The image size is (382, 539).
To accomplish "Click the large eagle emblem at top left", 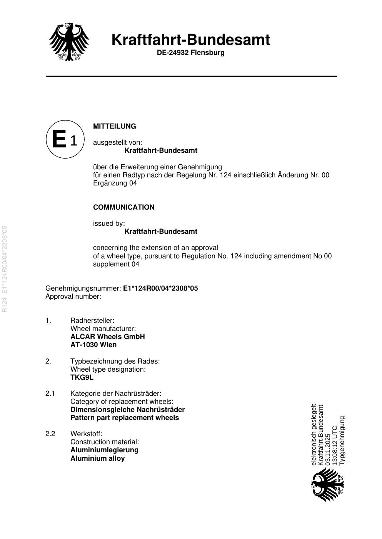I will pyautogui.click(x=69, y=41).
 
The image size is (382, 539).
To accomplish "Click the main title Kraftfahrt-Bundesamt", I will pyautogui.click(x=190, y=40).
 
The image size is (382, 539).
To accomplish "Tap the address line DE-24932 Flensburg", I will pyautogui.click(x=190, y=53).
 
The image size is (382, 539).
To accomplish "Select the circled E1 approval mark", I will pyautogui.click(x=65, y=139).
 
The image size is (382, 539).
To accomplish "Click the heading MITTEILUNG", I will pyautogui.click(x=115, y=126).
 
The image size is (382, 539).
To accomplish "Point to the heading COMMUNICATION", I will pyautogui.click(x=123, y=207).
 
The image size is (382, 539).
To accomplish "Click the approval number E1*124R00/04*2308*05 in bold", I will pyautogui.click(x=160, y=288).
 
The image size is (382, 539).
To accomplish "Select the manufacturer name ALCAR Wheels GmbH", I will pyautogui.click(x=107, y=337).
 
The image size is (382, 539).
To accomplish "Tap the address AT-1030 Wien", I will pyautogui.click(x=93, y=345).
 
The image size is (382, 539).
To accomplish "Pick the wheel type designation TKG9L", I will pyautogui.click(x=82, y=377).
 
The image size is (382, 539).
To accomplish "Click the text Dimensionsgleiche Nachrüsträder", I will pyautogui.click(x=127, y=410).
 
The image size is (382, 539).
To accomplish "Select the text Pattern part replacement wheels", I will pyautogui.click(x=125, y=418).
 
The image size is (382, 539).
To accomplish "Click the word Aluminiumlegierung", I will pyautogui.click(x=104, y=450).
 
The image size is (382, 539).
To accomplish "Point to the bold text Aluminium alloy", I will pyautogui.click(x=97, y=458).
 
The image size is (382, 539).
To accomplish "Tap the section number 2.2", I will pyautogui.click(x=50, y=434).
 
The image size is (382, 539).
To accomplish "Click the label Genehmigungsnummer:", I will pyautogui.click(x=83, y=288).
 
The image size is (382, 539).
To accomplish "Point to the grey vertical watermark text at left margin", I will pyautogui.click(x=5, y=269).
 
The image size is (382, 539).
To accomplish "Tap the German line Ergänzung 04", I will pyautogui.click(x=115, y=183).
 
